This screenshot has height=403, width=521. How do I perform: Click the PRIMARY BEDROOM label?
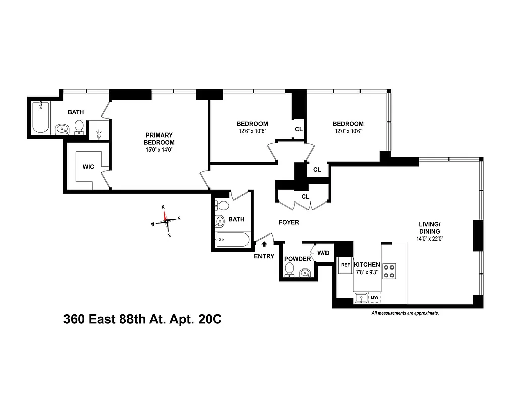click(159, 138)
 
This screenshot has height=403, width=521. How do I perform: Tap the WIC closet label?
click(89, 167)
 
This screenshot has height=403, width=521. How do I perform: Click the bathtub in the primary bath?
click(41, 118)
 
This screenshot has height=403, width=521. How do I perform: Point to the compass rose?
click(166, 220)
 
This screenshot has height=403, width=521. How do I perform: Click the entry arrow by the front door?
click(264, 244)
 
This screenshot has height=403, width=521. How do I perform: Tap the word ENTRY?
click(264, 256)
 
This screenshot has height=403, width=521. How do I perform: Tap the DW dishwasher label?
click(374, 298)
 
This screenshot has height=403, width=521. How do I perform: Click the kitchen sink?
click(361, 298)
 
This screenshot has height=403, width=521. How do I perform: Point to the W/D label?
click(322, 253)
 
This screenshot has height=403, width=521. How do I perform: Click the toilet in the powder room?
click(289, 271)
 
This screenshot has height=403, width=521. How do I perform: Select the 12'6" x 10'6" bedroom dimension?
click(252, 131)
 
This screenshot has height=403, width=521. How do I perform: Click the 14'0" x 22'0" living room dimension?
click(430, 239)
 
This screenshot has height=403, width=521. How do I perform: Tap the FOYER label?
click(289, 222)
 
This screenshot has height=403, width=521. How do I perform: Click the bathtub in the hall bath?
click(232, 240)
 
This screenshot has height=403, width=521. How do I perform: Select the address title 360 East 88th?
click(143, 319)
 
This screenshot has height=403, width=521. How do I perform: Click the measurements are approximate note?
click(405, 313)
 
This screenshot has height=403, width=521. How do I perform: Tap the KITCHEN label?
click(367, 264)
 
